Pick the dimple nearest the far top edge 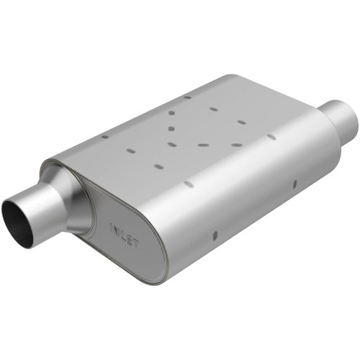[x=186, y=96]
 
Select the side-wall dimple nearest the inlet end [x=215, y=235]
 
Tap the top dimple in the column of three [x=174, y=113]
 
